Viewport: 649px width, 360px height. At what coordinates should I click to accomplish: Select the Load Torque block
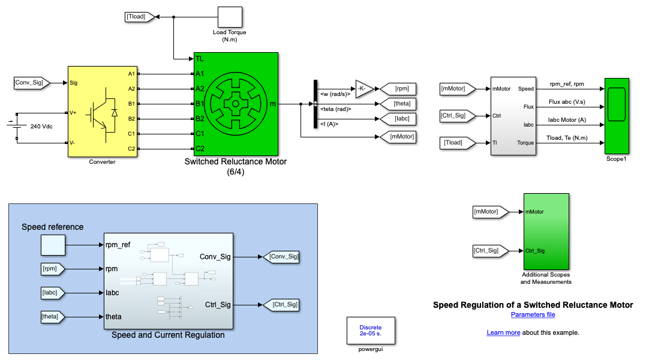(x=230, y=17)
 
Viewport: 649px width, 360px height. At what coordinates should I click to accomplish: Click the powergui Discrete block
(x=371, y=329)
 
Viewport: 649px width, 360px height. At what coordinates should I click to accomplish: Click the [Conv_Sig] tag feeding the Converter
(x=29, y=83)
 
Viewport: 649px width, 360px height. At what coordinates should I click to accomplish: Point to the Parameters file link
(x=533, y=314)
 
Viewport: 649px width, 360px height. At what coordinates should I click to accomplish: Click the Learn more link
(x=503, y=332)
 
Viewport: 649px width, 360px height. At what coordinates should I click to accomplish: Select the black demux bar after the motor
(x=315, y=104)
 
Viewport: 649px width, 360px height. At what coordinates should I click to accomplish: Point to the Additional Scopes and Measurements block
(x=546, y=231)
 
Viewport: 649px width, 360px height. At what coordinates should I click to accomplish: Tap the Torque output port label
(x=525, y=143)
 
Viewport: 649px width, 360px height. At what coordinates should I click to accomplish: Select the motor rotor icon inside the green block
(x=236, y=104)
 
